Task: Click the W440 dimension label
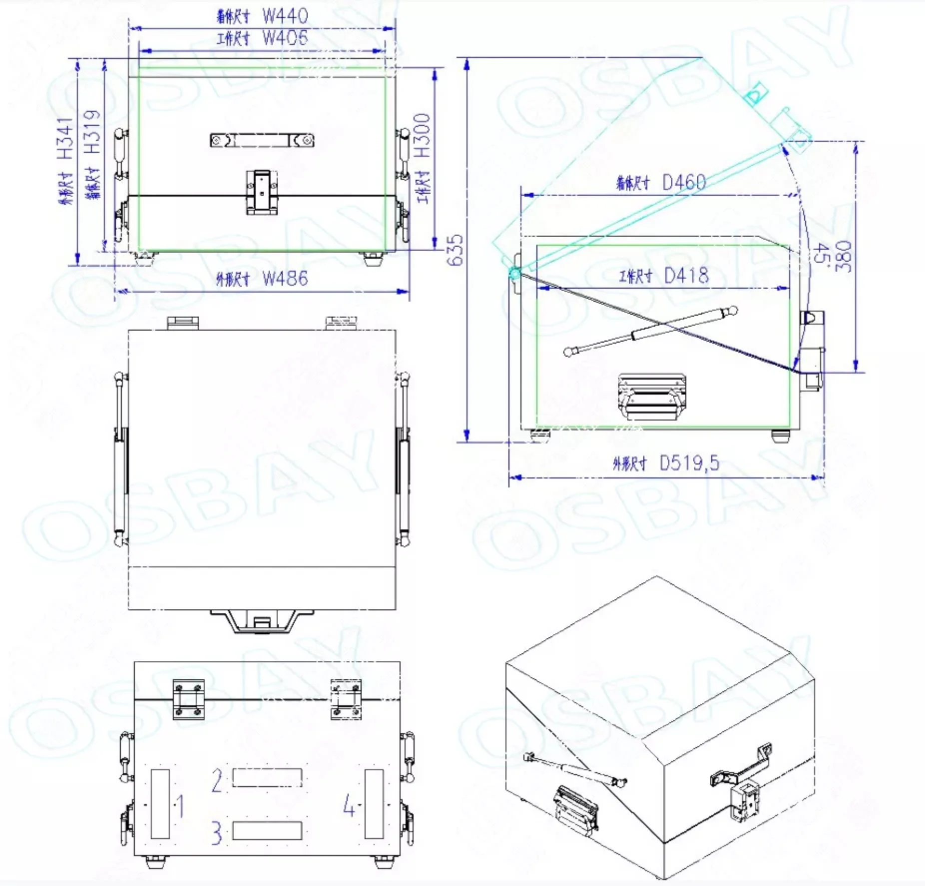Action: [285, 16]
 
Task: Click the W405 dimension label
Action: [285, 38]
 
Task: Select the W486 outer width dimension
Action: [285, 279]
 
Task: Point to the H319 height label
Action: [92, 132]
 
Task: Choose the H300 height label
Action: [422, 135]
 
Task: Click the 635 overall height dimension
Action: [455, 250]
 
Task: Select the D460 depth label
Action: [684, 182]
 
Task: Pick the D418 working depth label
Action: [686, 275]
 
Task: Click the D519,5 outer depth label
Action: [689, 463]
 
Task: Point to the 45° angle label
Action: [820, 255]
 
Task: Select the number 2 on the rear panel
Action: [217, 781]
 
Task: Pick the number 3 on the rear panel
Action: [216, 833]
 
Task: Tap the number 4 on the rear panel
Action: [350, 806]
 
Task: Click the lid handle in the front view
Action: [262, 140]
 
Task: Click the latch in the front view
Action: [262, 192]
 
